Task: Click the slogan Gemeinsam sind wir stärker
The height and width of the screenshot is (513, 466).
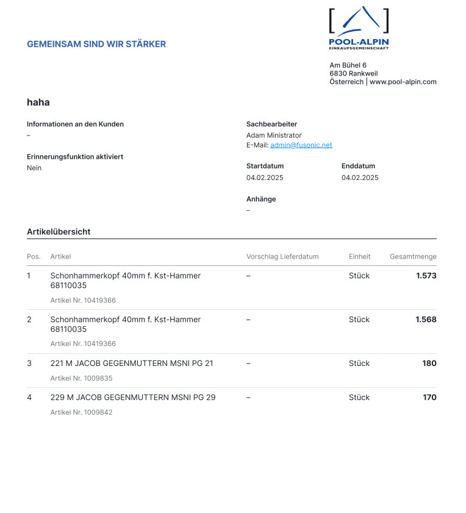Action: coord(96,44)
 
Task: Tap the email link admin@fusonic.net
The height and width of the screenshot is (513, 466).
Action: coord(301,145)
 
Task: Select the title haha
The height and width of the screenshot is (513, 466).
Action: coord(38,102)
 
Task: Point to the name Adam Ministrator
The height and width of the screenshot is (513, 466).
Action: coord(274,135)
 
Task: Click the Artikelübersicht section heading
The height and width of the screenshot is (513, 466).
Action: coord(59,232)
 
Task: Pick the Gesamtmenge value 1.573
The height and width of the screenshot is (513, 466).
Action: coord(426,276)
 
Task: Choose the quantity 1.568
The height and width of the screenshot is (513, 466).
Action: coord(426,320)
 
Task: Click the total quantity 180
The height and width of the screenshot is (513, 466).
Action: coord(429,364)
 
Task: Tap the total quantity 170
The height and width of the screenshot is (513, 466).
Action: coord(429,398)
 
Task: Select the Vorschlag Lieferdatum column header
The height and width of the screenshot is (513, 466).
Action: coord(282,257)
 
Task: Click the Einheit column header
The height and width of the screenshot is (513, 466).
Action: coord(359,257)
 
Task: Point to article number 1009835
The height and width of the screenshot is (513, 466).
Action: coord(81,378)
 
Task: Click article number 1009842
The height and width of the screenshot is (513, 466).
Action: coord(81,412)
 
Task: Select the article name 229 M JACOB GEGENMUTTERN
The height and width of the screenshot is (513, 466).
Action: coord(132,398)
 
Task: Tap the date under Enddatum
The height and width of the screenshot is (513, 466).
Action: coord(360,178)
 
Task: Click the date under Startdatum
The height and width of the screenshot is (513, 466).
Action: coord(265,178)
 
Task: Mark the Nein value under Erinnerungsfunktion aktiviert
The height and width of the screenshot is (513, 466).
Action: coord(34,168)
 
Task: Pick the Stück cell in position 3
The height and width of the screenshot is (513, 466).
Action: coord(359,364)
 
